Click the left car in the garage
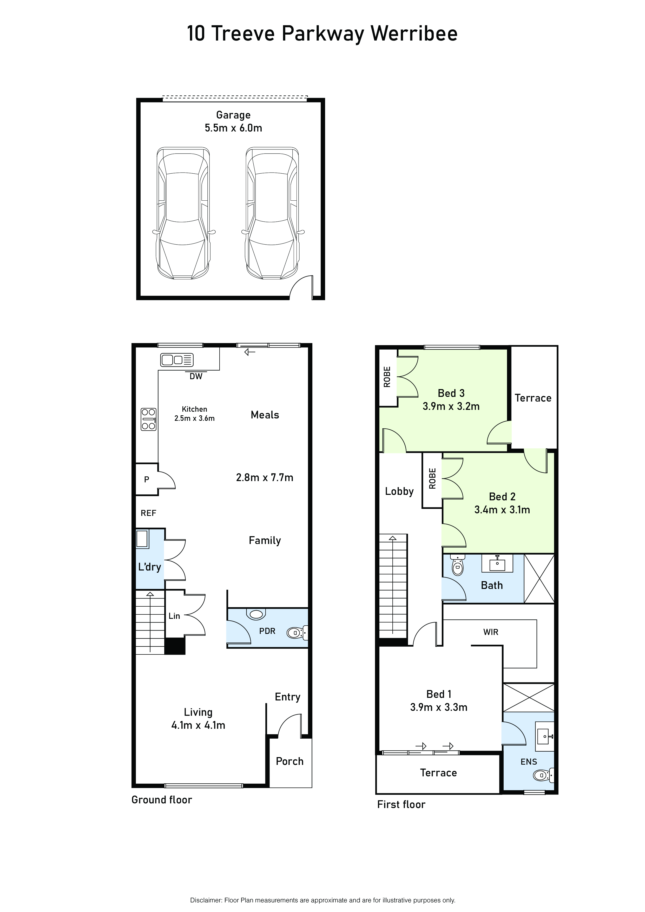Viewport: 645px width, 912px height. [183, 213]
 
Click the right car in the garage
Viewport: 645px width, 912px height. [272, 213]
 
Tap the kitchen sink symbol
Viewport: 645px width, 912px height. [177, 360]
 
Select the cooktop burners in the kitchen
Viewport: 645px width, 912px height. [149, 419]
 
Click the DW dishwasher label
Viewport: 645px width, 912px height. [196, 376]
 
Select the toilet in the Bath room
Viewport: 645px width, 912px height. [458, 566]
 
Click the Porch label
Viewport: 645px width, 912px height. [289, 762]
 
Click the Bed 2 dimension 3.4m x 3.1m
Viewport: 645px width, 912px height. [502, 510]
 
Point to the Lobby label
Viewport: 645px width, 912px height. [399, 492]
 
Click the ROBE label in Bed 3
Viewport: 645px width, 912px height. [387, 377]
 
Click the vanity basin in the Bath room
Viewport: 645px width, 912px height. [497, 563]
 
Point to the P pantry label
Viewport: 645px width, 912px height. [147, 480]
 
